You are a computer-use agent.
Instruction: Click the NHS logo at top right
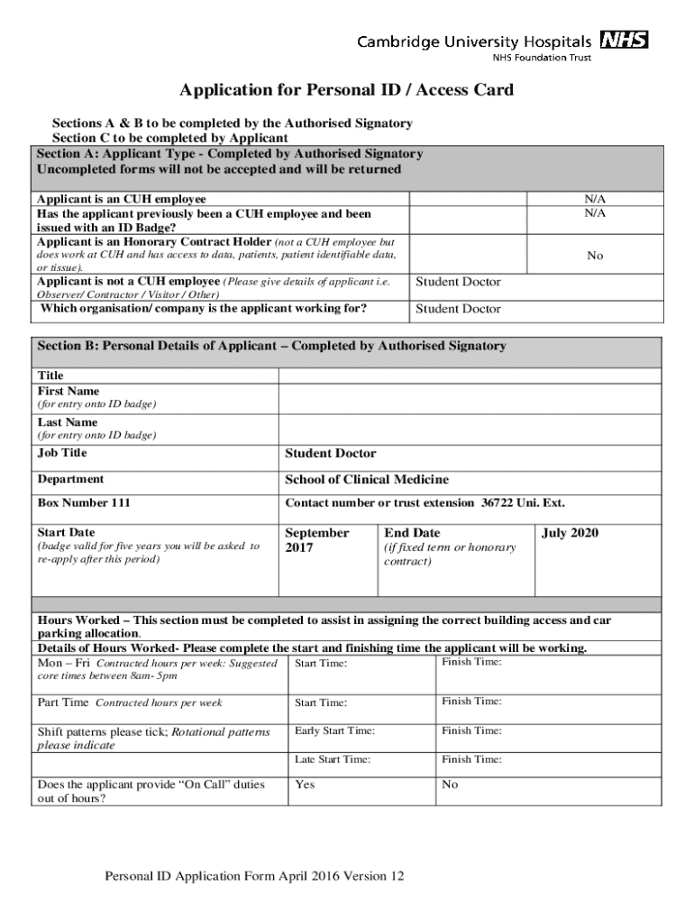coord(624,41)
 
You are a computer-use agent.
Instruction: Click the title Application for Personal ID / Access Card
coord(346,90)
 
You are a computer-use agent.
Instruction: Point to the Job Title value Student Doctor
coord(331,454)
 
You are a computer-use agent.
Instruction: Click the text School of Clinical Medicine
coord(367,480)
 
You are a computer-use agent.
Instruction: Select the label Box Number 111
coord(84,503)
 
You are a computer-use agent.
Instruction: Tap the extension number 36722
coord(497,503)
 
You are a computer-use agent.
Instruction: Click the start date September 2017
coord(316,540)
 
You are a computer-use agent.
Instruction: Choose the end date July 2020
coord(570,533)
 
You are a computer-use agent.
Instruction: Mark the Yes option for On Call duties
coord(305,785)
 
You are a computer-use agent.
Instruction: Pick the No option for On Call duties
coord(450,785)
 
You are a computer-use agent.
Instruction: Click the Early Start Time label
coord(334,731)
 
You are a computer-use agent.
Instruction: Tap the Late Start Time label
coord(333,760)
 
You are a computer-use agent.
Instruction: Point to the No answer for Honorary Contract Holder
coord(595,256)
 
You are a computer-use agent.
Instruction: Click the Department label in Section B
coord(70,480)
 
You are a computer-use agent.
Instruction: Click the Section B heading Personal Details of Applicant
coord(271,346)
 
